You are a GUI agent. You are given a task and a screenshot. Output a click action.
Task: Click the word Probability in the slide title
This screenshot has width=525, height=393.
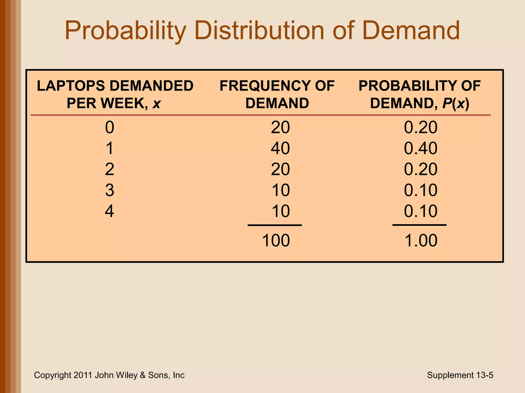coord(125,31)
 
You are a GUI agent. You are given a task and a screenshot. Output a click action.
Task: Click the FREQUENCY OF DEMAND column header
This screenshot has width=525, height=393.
coord(277,94)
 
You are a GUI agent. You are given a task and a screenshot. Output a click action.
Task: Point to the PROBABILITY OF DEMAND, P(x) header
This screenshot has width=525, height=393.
coord(419,94)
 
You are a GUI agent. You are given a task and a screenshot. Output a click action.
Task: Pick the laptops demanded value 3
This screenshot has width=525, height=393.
coord(109,190)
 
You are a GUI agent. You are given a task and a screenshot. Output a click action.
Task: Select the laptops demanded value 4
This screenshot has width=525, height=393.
coord(109,211)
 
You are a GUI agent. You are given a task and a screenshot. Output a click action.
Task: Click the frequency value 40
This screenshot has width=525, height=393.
coord(280,148)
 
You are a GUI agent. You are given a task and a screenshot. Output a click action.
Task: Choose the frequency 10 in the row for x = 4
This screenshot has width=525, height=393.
coord(281,211)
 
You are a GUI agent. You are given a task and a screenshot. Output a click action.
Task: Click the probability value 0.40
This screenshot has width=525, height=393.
coord(420,148)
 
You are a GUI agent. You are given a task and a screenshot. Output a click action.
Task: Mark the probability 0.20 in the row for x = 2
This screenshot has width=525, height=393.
coord(420,169)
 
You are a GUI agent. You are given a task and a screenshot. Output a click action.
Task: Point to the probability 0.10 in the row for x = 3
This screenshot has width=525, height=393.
coord(420,190)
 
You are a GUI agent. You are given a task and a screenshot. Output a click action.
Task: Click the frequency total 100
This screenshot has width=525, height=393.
coord(276,241)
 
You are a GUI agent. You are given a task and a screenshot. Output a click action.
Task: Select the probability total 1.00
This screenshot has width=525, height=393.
coord(421,241)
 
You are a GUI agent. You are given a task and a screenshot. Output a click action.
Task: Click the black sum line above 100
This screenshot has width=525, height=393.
coord(275,225)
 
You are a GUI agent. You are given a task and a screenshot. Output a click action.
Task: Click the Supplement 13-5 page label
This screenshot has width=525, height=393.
coord(460,375)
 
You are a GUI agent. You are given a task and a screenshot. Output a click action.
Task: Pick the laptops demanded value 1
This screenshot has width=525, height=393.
coord(109,148)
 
